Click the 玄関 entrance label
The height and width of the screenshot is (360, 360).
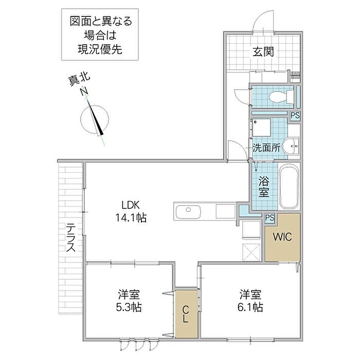pyautogui.click(x=263, y=52)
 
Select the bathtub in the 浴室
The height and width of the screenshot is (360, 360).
pyautogui.click(x=289, y=186)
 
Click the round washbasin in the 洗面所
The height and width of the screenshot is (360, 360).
pyautogui.click(x=290, y=146)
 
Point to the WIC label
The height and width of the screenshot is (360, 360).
pyautogui.click(x=282, y=237)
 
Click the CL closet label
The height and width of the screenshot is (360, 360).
pyautogui.click(x=186, y=315)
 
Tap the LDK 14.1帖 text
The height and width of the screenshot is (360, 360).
pyautogui.click(x=131, y=211)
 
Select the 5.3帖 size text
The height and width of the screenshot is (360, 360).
pyautogui.click(x=129, y=308)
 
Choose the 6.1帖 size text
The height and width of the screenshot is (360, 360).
pyautogui.click(x=250, y=308)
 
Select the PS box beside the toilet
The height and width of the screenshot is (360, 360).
pyautogui.click(x=295, y=115)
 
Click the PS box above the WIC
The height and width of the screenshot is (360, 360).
pyautogui.click(x=270, y=218)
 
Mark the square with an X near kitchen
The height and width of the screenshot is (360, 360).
pyautogui.click(x=251, y=253)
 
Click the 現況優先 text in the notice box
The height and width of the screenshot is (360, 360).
pyautogui.click(x=100, y=49)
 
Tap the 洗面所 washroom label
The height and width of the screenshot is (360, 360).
pyautogui.click(x=266, y=148)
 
